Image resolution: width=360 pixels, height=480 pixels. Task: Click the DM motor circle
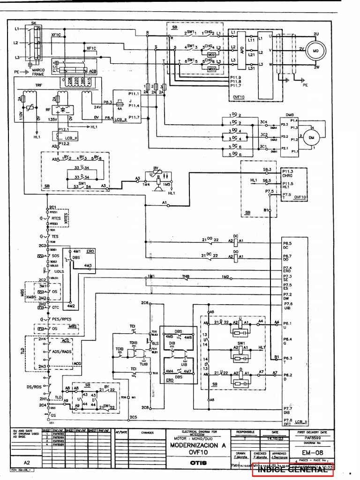coord(310,137)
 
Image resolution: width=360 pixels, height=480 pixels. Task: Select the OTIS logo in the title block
coord(197,463)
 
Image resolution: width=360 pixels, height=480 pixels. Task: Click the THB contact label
coord(186,277)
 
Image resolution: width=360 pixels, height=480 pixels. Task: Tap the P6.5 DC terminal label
coord(288,246)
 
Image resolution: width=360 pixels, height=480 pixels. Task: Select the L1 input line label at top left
coord(17,29)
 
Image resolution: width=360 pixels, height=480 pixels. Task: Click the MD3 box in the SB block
coord(211,68)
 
